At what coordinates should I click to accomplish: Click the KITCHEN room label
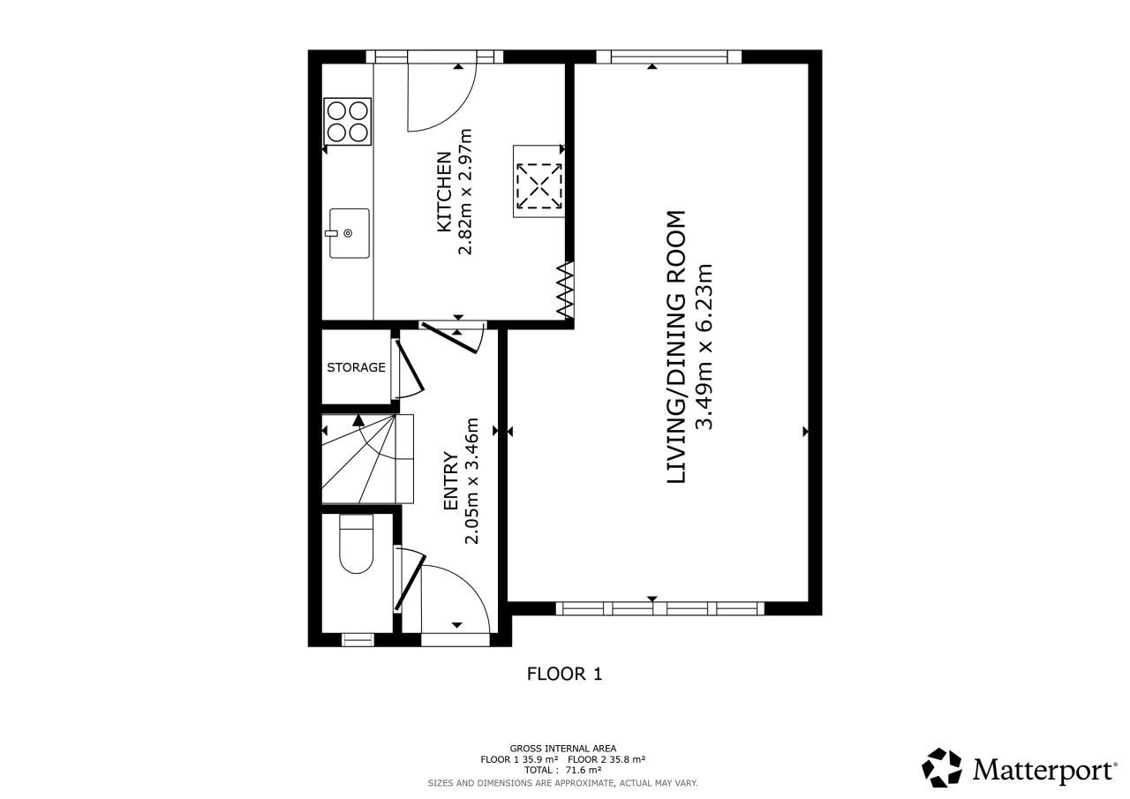tap(444, 192)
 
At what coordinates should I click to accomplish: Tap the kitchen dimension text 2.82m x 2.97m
tap(465, 192)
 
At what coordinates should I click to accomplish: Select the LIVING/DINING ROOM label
tap(676, 347)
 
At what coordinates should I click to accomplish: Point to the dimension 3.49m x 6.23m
tap(704, 347)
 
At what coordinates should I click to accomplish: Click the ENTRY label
tap(450, 480)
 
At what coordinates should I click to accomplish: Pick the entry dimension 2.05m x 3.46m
tap(471, 480)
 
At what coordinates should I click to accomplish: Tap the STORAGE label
tap(356, 368)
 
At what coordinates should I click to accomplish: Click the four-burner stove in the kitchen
tap(348, 122)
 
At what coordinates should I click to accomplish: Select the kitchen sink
tap(349, 234)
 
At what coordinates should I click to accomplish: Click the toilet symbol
tap(356, 544)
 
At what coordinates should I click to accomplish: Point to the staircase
tap(368, 458)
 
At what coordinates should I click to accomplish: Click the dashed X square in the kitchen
tap(539, 186)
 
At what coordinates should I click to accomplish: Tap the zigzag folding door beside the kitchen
tap(566, 290)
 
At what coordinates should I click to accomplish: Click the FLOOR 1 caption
tap(564, 674)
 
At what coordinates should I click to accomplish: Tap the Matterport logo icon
tap(942, 768)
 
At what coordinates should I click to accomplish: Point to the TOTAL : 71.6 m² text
tap(563, 770)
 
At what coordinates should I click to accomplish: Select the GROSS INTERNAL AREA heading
tap(563, 749)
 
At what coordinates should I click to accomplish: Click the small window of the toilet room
tap(358, 639)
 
